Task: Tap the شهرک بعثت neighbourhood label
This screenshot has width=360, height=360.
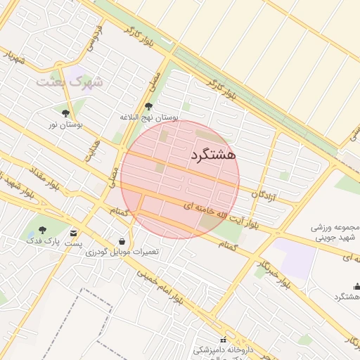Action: pos(70,82)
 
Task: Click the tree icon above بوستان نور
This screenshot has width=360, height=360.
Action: pos(66,112)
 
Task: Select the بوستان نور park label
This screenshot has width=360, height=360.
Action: pos(65,124)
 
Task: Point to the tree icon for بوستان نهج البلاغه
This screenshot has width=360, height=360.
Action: pos(148,106)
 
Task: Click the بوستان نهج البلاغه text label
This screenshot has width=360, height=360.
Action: pos(149,117)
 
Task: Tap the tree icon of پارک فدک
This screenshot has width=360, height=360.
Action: pos(42,230)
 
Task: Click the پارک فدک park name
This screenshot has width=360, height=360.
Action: pos(41,241)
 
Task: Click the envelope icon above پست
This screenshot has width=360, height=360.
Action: pos(74,233)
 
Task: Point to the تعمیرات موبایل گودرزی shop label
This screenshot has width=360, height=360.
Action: pos(123,252)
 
